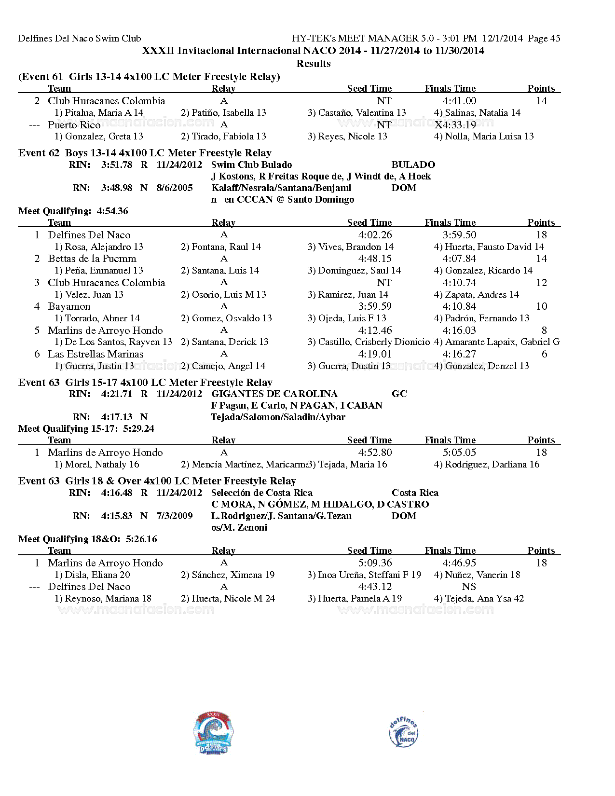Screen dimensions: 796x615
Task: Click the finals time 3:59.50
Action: [459, 235]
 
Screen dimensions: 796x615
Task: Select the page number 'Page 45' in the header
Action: [544, 38]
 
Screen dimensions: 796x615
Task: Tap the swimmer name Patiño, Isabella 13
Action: [223, 112]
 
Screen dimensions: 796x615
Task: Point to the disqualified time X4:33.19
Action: [455, 124]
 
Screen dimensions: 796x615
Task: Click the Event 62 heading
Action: [145, 153]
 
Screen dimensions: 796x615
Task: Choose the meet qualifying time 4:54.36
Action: [112, 211]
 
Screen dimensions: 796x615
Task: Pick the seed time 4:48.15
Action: [375, 259]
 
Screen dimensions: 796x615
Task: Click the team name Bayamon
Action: [69, 306]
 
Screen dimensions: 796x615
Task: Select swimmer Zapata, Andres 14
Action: [476, 294]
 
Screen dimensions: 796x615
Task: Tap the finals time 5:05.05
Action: [459, 453]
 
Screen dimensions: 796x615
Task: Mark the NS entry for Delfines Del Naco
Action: [468, 587]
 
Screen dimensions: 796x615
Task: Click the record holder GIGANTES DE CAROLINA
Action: [274, 394]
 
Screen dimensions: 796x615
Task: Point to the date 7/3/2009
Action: [175, 516]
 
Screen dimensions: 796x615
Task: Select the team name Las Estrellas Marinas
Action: [96, 354]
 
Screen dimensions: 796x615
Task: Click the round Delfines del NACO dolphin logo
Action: [403, 732]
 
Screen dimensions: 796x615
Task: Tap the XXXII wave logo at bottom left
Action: [214, 732]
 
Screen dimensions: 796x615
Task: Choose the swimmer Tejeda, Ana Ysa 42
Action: [478, 598]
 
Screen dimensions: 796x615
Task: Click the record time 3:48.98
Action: [117, 188]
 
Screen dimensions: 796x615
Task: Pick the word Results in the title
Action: [313, 64]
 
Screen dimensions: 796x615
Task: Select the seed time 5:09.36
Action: [375, 563]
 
